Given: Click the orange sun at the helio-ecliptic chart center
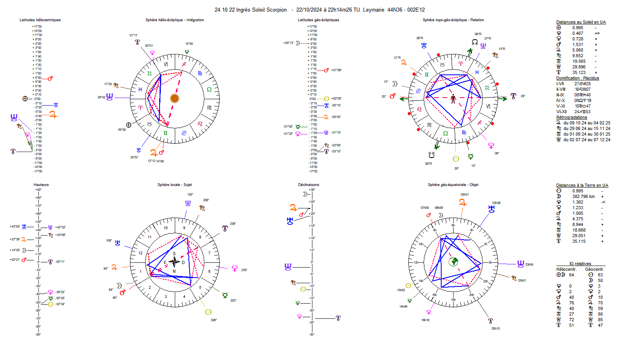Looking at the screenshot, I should [174, 98].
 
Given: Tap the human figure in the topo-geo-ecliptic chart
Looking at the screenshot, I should [453, 98].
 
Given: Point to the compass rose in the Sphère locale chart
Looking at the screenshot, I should [174, 262].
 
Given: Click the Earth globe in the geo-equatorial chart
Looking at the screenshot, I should [453, 262].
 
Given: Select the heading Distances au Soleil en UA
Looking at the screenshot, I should [581, 22].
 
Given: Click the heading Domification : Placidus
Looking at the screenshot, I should [577, 78].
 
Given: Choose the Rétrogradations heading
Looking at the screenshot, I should [572, 118].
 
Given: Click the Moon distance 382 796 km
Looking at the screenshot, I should [583, 197].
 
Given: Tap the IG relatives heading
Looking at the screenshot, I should [580, 264].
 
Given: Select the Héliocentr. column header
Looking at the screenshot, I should [566, 270].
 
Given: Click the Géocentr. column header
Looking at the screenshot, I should [594, 270].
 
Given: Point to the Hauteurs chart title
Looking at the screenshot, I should [41, 185].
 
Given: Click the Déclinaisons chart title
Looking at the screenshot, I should [308, 185].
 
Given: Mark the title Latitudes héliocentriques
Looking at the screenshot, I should [40, 20].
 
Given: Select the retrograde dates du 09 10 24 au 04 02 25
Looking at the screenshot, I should [587, 123].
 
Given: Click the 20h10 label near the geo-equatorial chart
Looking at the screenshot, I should [496, 329].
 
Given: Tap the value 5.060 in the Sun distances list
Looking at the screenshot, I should [578, 50].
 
